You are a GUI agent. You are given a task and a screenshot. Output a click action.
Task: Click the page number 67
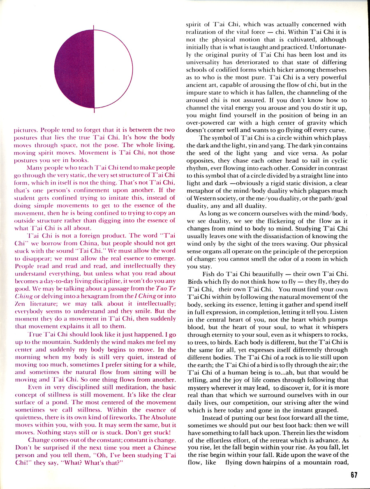pyautogui.click(x=354, y=475)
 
